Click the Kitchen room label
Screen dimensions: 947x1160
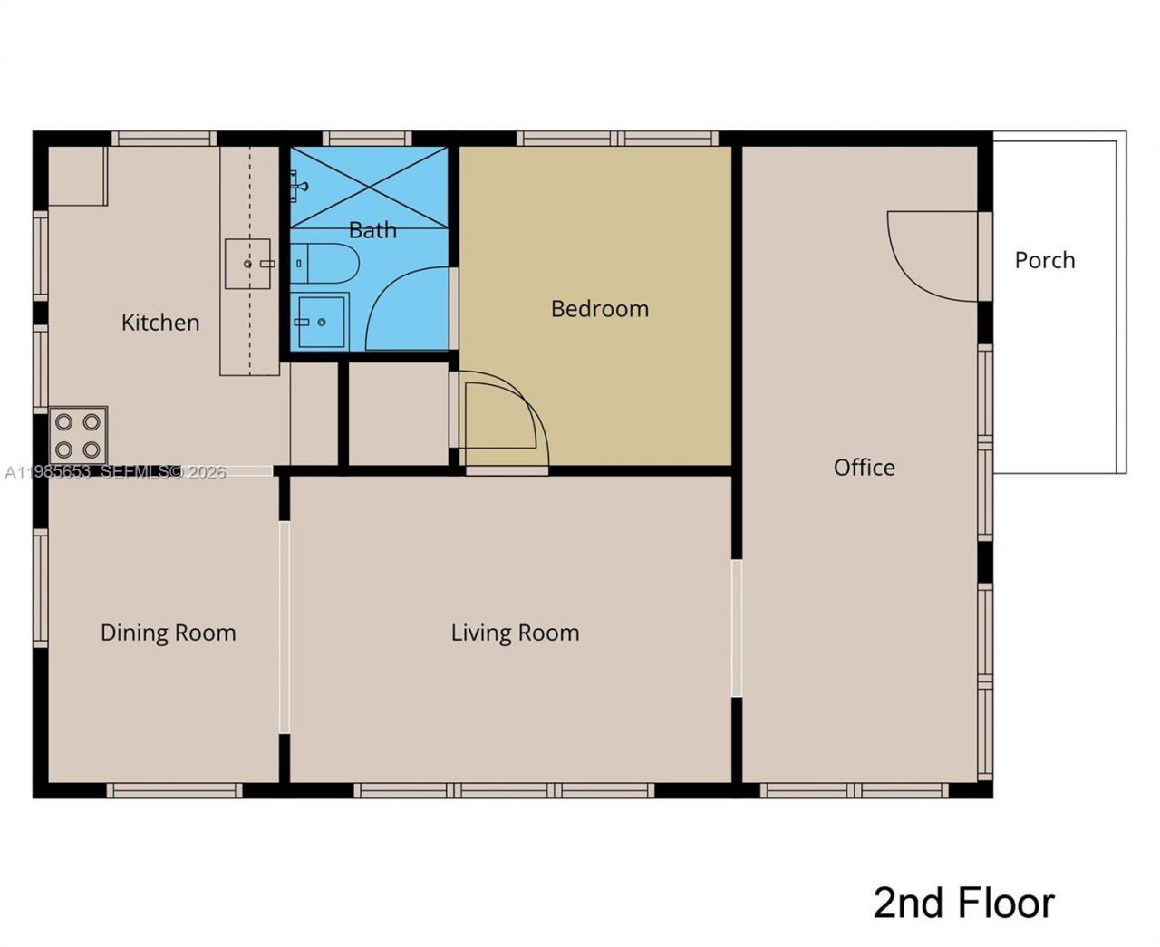160,323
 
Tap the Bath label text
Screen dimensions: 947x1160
372,230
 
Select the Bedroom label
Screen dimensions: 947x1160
599,309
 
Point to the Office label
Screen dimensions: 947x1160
864,468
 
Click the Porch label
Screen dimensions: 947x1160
1044,260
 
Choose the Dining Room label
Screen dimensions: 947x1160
168,633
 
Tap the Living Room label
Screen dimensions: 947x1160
515,633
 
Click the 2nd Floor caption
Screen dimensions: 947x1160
963,904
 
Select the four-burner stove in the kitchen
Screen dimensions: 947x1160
78,435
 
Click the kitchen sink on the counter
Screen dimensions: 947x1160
248,264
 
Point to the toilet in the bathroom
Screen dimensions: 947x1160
326,264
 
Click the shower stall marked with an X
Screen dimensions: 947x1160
370,188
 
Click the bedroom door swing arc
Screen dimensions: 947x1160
503,417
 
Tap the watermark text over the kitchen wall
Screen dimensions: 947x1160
115,472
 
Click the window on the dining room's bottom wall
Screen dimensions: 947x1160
174,791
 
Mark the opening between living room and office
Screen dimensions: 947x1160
737,628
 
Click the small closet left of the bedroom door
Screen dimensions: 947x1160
398,414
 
